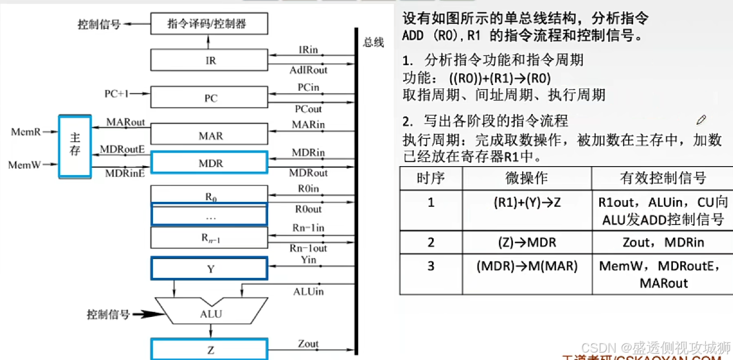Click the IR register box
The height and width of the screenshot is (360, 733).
pyautogui.click(x=209, y=60)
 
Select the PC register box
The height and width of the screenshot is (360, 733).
pyautogui.click(x=209, y=98)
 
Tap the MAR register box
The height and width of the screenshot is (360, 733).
pyautogui.click(x=209, y=135)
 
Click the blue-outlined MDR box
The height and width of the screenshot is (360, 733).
pyautogui.click(x=209, y=163)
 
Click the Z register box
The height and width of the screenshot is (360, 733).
pyautogui.click(x=209, y=350)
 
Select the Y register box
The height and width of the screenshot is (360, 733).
pyautogui.click(x=209, y=269)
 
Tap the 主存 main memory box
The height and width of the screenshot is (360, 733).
pyautogui.click(x=75, y=147)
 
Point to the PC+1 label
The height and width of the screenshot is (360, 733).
pyautogui.click(x=117, y=94)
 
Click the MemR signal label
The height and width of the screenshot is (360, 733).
pyautogui.click(x=26, y=132)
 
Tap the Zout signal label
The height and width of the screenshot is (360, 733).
pyautogui.click(x=308, y=344)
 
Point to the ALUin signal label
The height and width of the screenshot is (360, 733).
pyautogui.click(x=308, y=291)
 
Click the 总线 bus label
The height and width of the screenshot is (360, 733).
pyautogui.click(x=374, y=43)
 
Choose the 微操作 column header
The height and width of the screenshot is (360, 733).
pyautogui.click(x=526, y=178)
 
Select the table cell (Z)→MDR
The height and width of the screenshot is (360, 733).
pyautogui.click(x=526, y=243)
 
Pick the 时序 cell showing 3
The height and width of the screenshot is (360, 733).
pyautogui.click(x=431, y=265)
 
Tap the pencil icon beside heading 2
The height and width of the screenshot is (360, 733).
pyautogui.click(x=701, y=120)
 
